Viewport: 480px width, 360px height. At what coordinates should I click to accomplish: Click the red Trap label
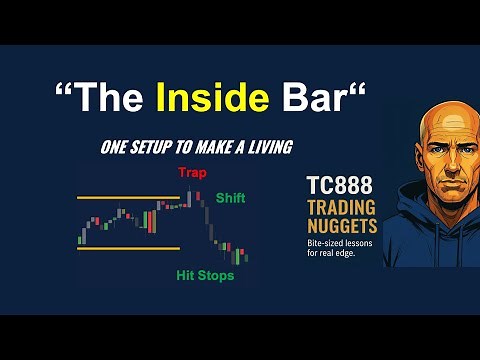click(192, 173)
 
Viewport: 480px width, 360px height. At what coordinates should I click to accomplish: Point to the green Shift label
click(230, 198)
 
